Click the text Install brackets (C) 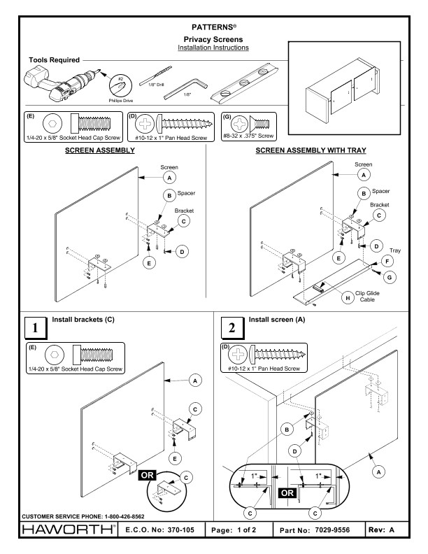click(85, 319)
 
